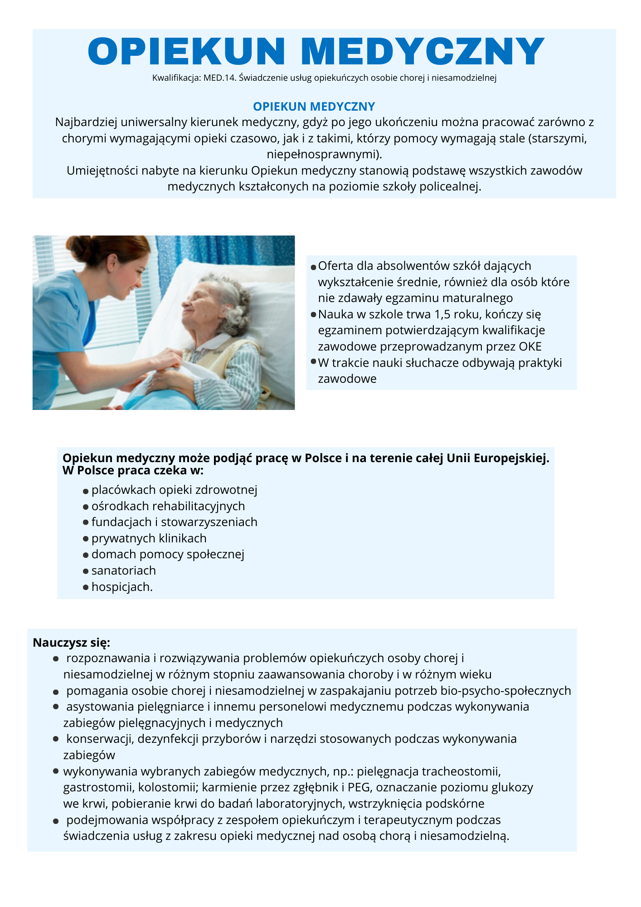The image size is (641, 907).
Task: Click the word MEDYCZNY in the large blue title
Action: [422, 51]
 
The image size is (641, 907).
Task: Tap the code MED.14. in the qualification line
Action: [220, 78]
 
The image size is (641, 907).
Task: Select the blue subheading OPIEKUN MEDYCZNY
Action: [314, 107]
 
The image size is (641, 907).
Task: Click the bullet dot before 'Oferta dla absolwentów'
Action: [313, 268]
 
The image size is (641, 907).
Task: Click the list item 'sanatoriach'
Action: [123, 571]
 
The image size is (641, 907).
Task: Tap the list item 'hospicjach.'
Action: [122, 587]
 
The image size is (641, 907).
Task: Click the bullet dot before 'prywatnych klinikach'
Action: [86, 539]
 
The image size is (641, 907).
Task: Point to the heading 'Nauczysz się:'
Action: [72, 643]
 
